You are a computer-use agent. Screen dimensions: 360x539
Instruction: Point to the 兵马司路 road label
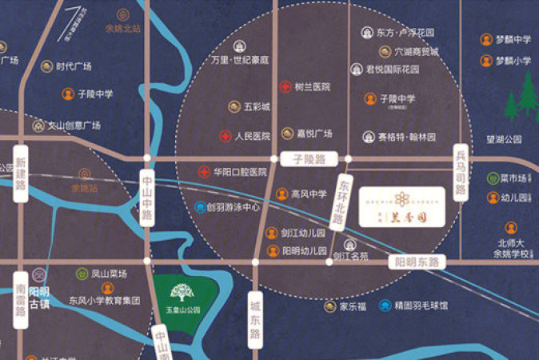pyautogui.click(x=461, y=172)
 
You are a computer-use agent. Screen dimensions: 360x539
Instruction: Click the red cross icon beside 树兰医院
pyautogui.click(x=285, y=86)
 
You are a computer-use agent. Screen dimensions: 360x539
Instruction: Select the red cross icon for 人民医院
pyautogui.click(x=226, y=136)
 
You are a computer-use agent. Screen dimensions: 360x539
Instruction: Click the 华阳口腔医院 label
pyautogui.click(x=239, y=172)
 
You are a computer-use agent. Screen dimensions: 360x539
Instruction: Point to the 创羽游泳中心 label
pyautogui.click(x=233, y=206)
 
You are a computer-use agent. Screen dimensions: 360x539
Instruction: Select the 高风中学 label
pyautogui.click(x=309, y=194)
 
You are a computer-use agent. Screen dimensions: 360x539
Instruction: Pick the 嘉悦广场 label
pyautogui.click(x=314, y=134)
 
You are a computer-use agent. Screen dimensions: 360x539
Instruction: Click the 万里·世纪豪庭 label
pyautogui.click(x=239, y=59)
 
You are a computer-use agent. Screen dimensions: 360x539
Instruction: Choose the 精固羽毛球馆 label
pyautogui.click(x=421, y=305)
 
